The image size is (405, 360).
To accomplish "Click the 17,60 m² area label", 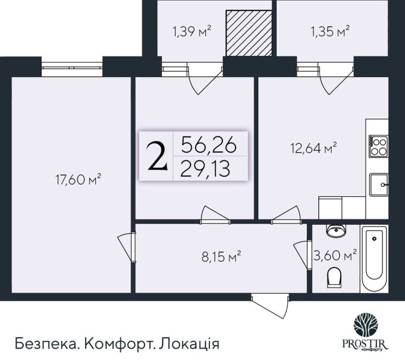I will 78,181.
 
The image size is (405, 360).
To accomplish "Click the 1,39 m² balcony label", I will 192,31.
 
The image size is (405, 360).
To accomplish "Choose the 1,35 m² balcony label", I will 331,31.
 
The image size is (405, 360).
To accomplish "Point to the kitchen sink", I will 379,184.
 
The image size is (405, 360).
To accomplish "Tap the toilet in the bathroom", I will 334,278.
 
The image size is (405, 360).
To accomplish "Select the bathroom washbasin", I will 335,231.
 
